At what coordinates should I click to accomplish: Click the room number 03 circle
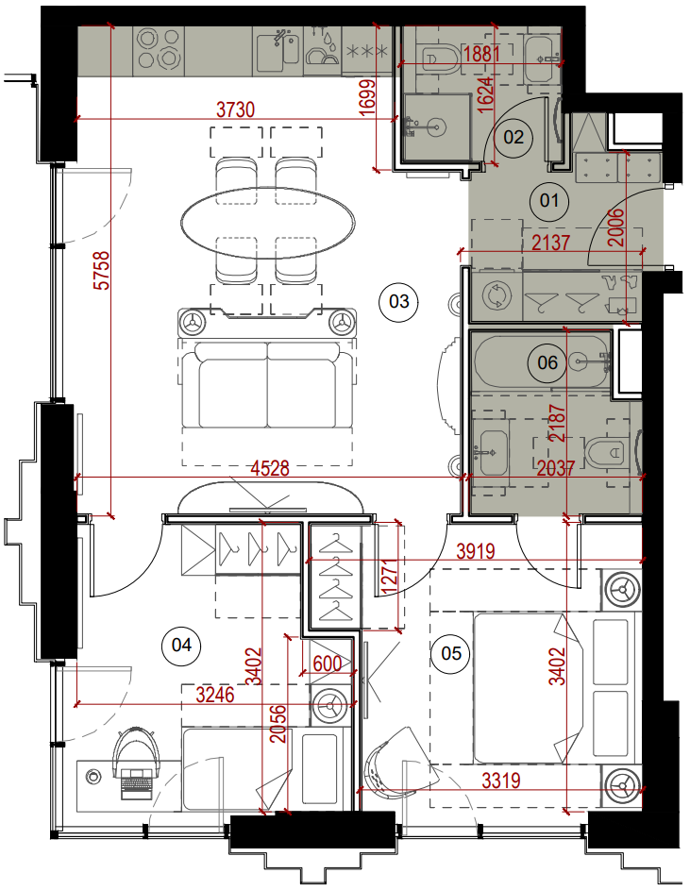click(398, 301)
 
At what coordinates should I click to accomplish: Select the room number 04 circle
click(181, 645)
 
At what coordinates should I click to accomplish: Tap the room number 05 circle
click(451, 653)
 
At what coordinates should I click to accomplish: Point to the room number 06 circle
click(547, 362)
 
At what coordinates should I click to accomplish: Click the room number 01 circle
click(549, 200)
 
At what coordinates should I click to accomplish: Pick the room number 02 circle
click(513, 137)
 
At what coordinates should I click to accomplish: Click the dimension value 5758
click(102, 271)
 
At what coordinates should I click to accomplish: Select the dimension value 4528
click(270, 468)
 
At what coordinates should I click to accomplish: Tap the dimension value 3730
click(236, 109)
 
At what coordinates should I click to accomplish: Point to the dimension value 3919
click(476, 550)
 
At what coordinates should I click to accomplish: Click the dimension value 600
click(328, 663)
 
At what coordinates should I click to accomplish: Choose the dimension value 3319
click(501, 781)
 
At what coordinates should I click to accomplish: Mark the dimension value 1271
click(389, 576)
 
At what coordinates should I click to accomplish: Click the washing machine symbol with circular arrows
click(496, 295)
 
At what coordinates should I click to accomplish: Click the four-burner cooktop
click(160, 49)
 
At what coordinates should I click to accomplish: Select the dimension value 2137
click(551, 243)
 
